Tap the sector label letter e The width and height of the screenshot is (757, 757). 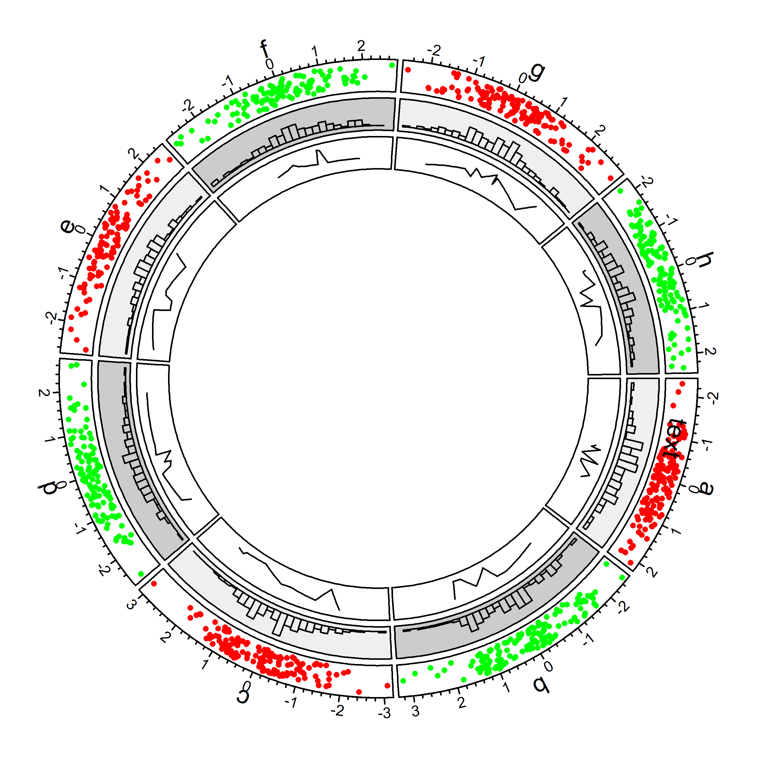tap(67, 226)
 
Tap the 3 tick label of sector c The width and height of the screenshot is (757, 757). tap(132, 605)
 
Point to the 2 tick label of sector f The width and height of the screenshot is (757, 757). tap(361, 46)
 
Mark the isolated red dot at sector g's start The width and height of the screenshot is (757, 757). tap(408, 70)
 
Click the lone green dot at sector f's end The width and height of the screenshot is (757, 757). tap(392, 65)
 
